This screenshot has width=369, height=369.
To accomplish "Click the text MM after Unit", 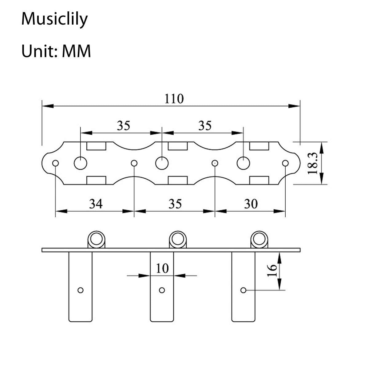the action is (x=76, y=51).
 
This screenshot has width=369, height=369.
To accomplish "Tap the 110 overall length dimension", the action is (x=174, y=99).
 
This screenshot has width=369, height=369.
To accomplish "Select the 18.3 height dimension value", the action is (x=312, y=163).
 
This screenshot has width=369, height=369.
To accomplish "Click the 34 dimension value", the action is (x=96, y=204).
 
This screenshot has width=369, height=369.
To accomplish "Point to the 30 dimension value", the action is (x=251, y=204).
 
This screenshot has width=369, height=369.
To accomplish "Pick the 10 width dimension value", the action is (x=162, y=268).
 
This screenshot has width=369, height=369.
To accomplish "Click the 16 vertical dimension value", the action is (x=272, y=270).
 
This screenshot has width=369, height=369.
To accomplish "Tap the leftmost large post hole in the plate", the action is (x=81, y=163).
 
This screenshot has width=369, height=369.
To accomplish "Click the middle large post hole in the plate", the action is (x=162, y=163).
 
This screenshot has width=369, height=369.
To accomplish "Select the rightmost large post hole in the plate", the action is (x=243, y=163).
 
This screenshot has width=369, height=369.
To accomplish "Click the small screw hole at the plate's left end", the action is (x=55, y=163).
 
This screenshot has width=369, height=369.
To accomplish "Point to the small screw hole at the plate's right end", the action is (x=285, y=163).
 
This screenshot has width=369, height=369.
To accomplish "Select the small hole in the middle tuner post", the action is (x=162, y=290).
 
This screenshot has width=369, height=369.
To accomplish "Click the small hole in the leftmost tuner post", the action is (x=81, y=290).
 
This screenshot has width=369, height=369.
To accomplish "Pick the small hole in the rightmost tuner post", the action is (x=243, y=290).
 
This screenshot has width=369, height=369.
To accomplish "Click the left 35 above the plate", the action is (x=124, y=126).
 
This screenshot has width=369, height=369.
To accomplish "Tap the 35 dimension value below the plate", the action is (x=175, y=204).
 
